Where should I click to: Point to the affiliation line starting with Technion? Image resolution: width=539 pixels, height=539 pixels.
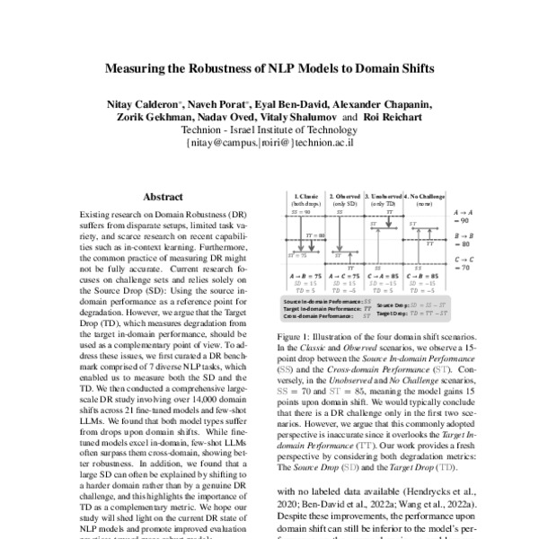click(x=269, y=129)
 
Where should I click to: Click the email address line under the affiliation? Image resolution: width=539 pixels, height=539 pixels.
click(x=269, y=142)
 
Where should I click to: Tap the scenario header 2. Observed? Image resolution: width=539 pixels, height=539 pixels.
click(x=345, y=195)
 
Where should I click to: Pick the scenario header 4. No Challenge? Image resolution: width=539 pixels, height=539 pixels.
click(x=424, y=195)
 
